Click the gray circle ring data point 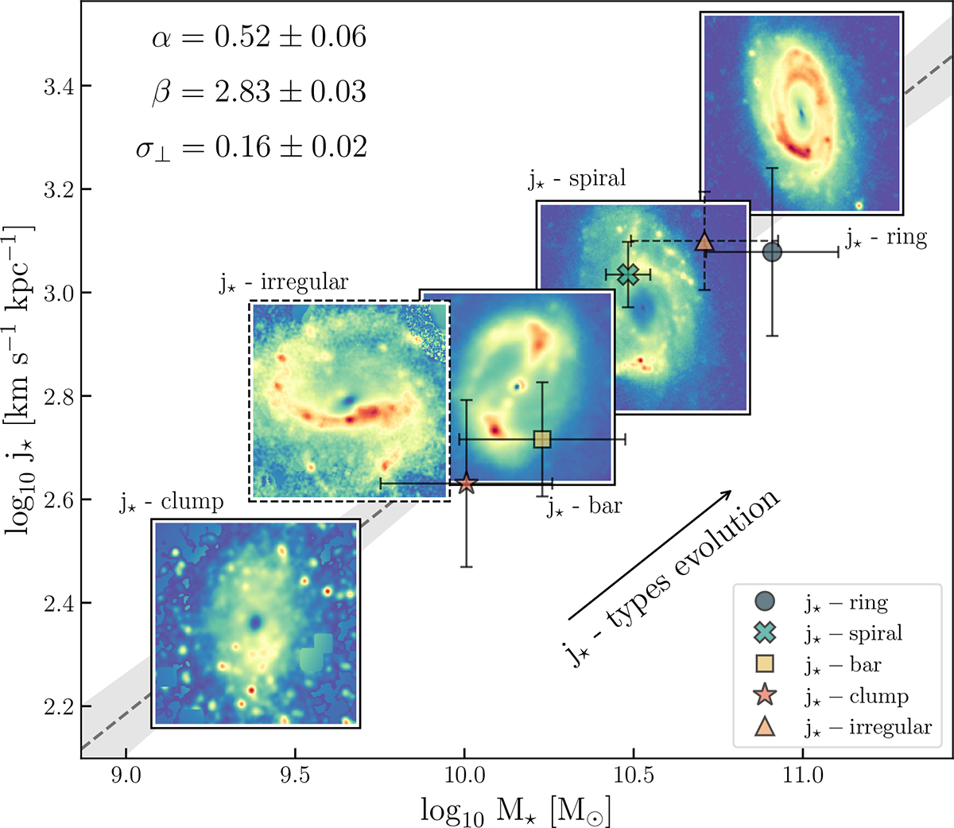(772, 252)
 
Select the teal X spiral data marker (628, 274)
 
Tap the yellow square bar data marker (542, 439)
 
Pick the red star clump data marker (466, 484)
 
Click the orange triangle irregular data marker (704, 242)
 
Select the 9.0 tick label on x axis (125, 775)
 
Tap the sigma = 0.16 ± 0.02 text (251, 147)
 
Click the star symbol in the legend (766, 695)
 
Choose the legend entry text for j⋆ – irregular (867, 727)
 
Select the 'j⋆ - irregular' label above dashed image (284, 283)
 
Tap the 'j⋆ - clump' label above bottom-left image (171, 502)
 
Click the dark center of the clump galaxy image (255, 621)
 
